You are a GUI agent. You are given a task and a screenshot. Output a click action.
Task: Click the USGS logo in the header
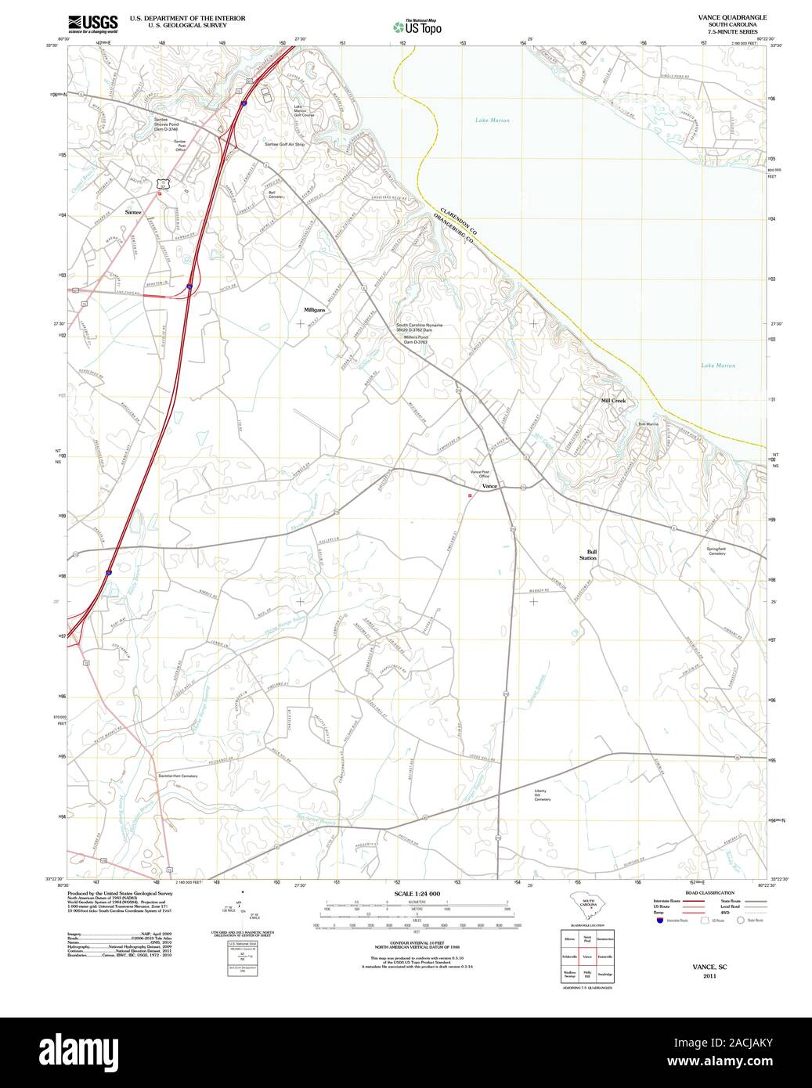click(x=92, y=23)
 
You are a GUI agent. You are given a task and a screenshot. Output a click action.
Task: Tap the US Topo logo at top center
click(x=417, y=26)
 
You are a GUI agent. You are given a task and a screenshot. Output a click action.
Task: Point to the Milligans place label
click(x=315, y=310)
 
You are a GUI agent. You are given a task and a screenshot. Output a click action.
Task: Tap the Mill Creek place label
click(x=613, y=401)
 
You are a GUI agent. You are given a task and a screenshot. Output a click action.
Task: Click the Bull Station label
click(x=588, y=555)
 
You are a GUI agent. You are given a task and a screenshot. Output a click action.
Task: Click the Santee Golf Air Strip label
click(x=284, y=145)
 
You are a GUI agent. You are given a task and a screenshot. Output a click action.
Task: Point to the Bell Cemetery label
click(x=276, y=194)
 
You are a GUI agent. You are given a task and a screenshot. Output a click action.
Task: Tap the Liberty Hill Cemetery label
click(x=543, y=794)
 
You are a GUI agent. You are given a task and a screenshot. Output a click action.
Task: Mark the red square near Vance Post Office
click(x=469, y=495)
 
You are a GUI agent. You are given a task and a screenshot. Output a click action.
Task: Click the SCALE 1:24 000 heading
click(x=417, y=894)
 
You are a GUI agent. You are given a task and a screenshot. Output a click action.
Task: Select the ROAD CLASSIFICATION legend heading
click(x=709, y=893)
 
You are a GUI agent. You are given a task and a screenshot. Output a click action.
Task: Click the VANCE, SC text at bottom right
click(x=709, y=967)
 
